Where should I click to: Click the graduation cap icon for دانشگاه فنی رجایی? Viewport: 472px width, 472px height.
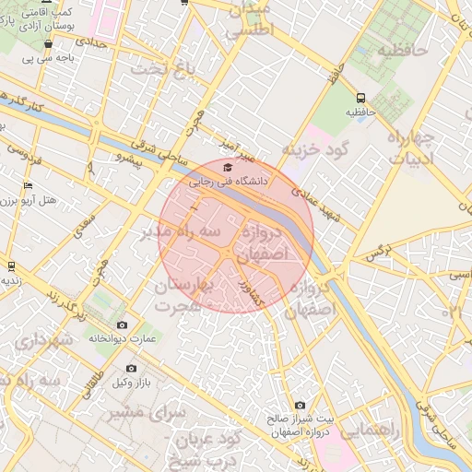point(228,167)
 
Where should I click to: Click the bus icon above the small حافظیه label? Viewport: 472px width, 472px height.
point(360,97)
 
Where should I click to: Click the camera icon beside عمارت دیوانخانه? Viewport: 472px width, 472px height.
point(122,324)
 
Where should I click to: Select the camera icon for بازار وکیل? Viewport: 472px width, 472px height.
point(131,368)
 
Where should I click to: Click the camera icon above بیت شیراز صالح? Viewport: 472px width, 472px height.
point(300,405)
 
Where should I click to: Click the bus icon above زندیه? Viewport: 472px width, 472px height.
point(11,265)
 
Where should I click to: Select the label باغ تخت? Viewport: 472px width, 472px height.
point(162,68)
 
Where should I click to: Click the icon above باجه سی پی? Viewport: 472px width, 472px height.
point(48,43)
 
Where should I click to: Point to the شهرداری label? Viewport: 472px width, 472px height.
point(42,340)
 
